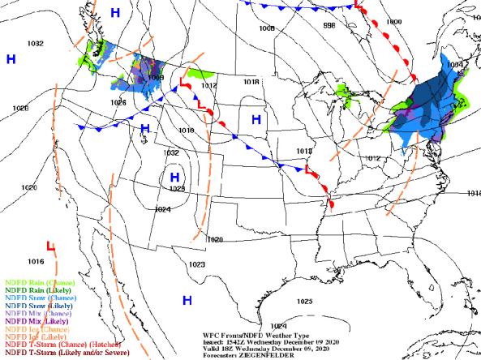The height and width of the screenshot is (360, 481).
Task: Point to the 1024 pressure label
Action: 163,208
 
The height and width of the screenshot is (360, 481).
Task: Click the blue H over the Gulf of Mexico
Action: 187,300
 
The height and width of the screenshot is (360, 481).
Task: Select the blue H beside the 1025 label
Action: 174,176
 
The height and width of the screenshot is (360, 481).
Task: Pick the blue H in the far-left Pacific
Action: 11,59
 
